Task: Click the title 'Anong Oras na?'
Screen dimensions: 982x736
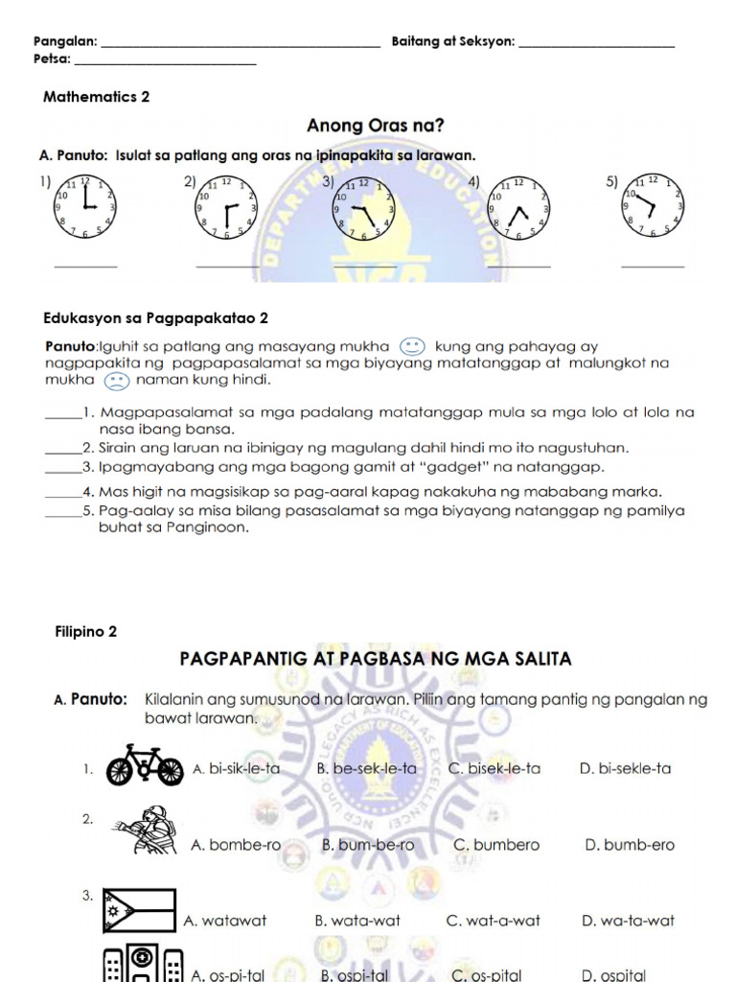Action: point(375,126)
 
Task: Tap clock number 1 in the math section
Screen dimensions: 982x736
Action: point(84,207)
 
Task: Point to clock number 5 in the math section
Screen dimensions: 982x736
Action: point(653,205)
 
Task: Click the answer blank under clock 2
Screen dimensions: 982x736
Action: point(226,266)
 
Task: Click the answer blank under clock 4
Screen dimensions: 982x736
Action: point(519,266)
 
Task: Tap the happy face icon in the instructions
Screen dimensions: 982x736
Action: point(411,346)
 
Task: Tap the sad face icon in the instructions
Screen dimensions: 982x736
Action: point(116,381)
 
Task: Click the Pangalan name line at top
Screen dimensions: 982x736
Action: point(240,45)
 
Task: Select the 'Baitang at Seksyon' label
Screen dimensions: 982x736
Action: point(453,42)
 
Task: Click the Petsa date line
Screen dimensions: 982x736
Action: point(165,63)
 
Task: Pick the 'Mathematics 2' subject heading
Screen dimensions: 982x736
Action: point(97,97)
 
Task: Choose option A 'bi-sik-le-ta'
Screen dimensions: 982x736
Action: point(236,768)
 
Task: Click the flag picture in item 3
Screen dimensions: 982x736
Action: point(140,911)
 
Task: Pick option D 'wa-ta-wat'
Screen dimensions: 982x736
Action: point(628,921)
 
